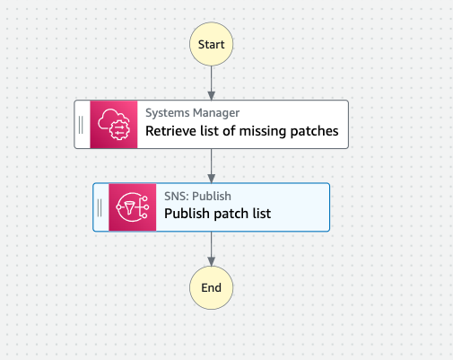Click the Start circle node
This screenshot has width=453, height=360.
pyautogui.click(x=212, y=42)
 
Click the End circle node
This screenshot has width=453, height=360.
pyautogui.click(x=212, y=288)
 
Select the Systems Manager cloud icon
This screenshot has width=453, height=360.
pyautogui.click(x=114, y=124)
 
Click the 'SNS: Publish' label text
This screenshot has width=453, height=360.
pyautogui.click(x=196, y=196)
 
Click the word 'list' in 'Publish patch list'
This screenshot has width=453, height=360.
pyautogui.click(x=259, y=215)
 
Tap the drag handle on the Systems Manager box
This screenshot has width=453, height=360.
pyautogui.click(x=81, y=124)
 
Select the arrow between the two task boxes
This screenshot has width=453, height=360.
pyautogui.click(x=212, y=165)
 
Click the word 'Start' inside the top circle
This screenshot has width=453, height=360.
pyautogui.click(x=212, y=42)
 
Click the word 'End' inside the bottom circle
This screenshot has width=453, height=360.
pyautogui.click(x=212, y=288)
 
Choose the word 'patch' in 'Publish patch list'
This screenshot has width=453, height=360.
pyautogui.click(x=229, y=215)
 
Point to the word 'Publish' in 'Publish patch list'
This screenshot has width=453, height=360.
pyautogui.click(x=187, y=215)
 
